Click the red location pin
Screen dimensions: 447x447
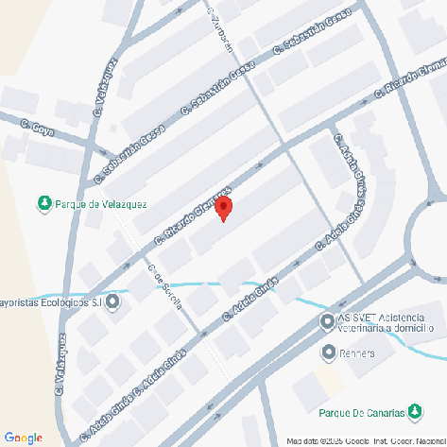coord(223,207)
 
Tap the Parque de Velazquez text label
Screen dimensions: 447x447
coord(102,203)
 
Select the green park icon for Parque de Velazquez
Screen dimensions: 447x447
coord(43,202)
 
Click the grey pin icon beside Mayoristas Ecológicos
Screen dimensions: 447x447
coord(113,302)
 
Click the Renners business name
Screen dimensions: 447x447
coord(359,353)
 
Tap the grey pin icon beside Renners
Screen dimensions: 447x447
coord(327,352)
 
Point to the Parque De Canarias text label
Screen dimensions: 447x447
coord(360,413)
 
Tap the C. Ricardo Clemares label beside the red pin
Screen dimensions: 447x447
coord(194,215)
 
